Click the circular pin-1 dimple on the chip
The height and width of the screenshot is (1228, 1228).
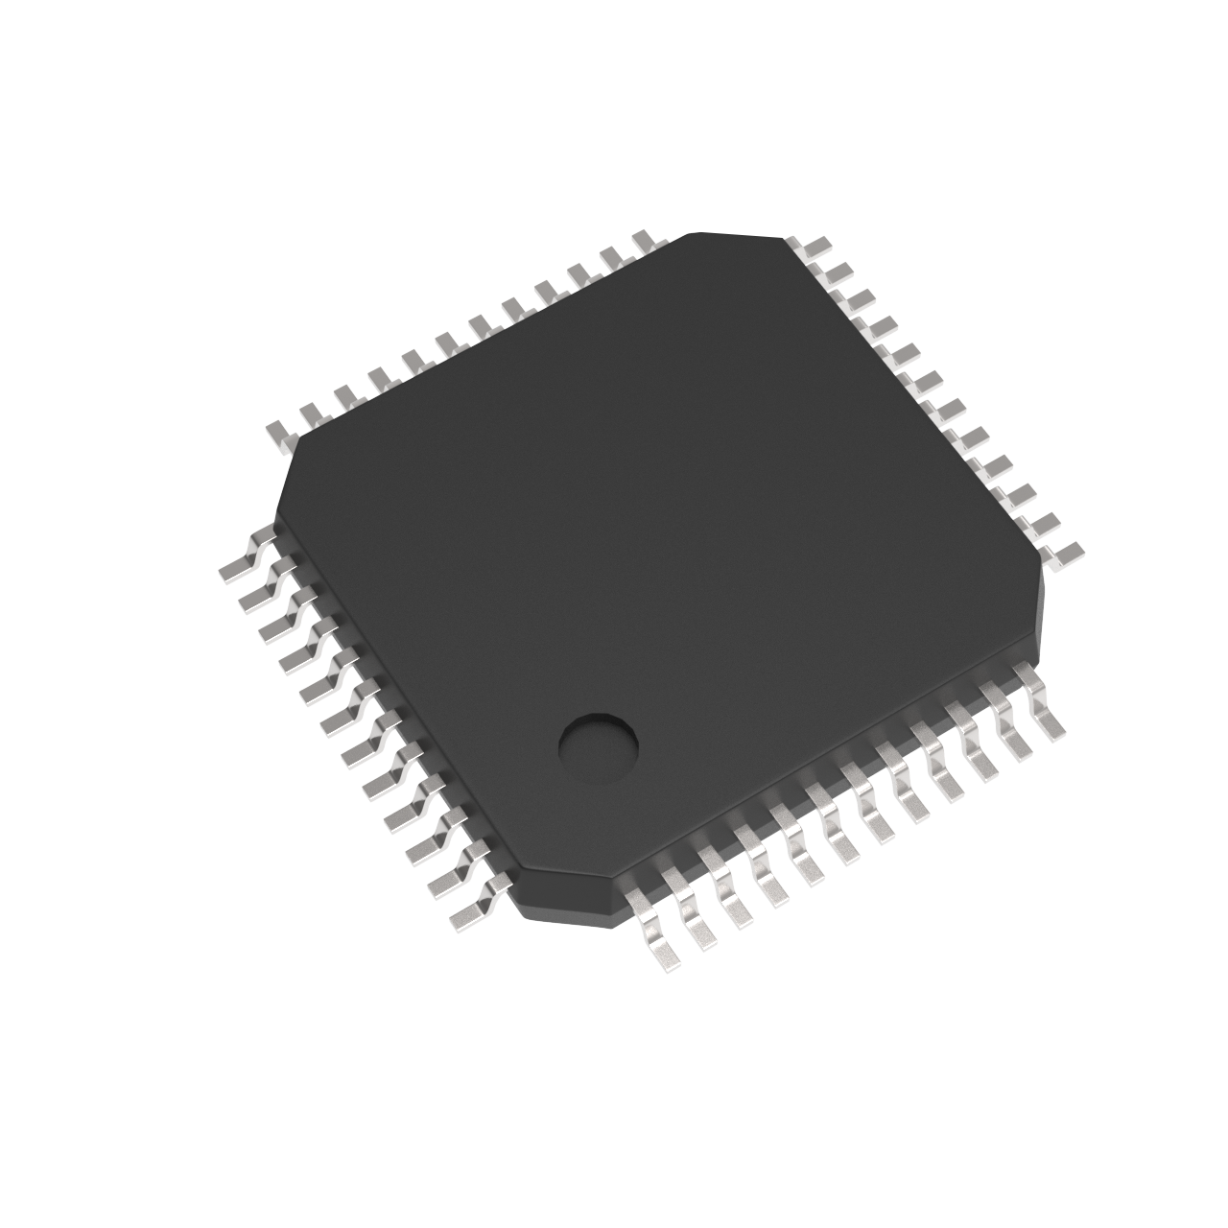pyautogui.click(x=599, y=749)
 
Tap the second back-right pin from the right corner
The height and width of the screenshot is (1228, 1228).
pyautogui.click(x=1042, y=523)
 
